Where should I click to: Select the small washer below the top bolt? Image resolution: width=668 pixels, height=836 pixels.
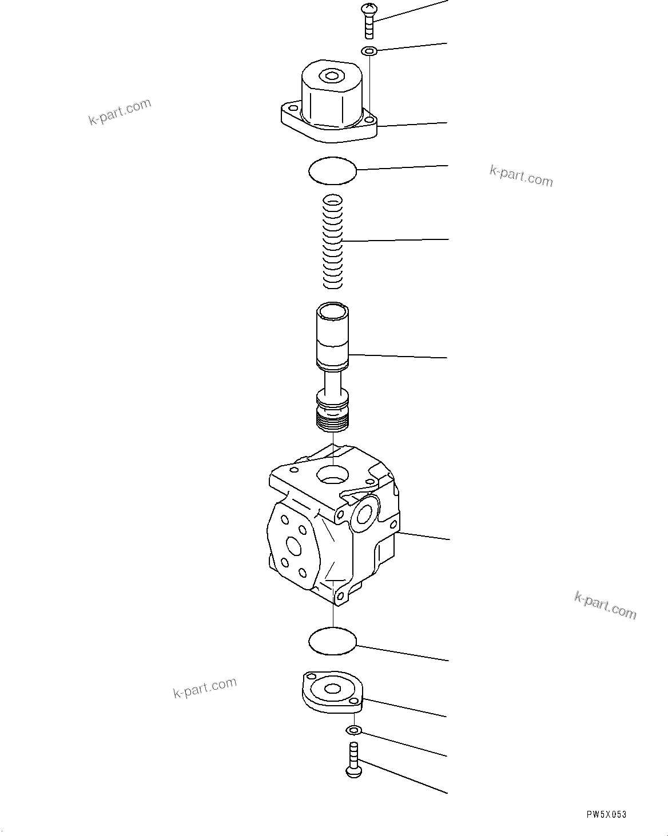click(x=369, y=51)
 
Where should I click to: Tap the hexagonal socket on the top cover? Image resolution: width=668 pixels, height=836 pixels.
click(x=331, y=75)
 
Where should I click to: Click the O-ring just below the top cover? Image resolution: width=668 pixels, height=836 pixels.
click(x=332, y=170)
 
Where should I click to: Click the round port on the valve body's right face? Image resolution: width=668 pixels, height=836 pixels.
click(x=364, y=514)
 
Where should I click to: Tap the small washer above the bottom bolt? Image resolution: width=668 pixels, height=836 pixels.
click(x=353, y=730)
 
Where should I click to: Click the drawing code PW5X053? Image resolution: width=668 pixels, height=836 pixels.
click(x=606, y=814)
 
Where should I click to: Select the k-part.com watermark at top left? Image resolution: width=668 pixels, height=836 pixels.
click(x=120, y=111)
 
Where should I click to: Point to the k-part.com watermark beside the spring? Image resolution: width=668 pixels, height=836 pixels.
click(x=521, y=176)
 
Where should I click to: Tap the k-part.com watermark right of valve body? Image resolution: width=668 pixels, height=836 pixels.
click(x=605, y=605)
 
